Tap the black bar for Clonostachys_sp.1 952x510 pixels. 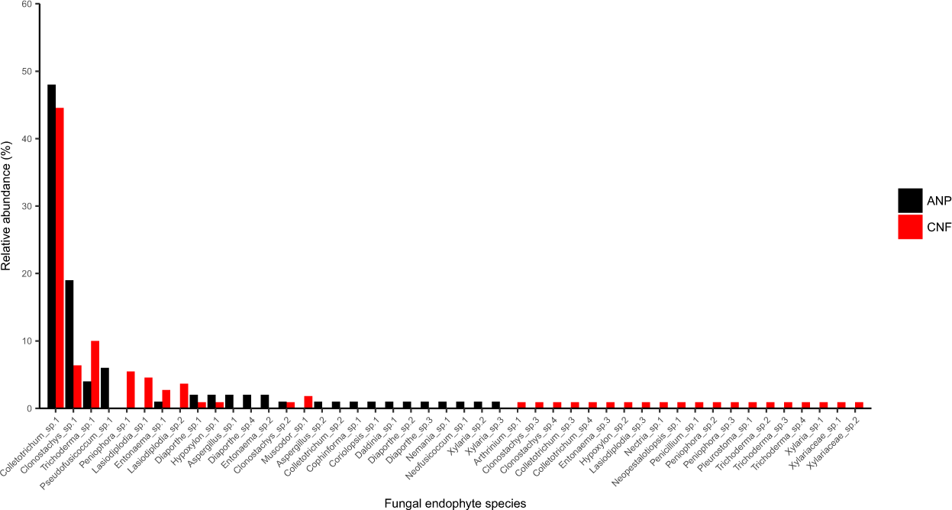tap(69, 344)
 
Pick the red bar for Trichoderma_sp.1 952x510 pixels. tap(95, 374)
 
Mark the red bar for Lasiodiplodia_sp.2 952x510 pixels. tap(184, 395)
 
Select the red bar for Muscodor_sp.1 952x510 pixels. tap(308, 402)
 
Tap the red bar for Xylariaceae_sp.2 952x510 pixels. tap(859, 405)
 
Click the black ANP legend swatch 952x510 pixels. tap(910, 200)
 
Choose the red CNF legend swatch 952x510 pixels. tap(910, 227)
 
